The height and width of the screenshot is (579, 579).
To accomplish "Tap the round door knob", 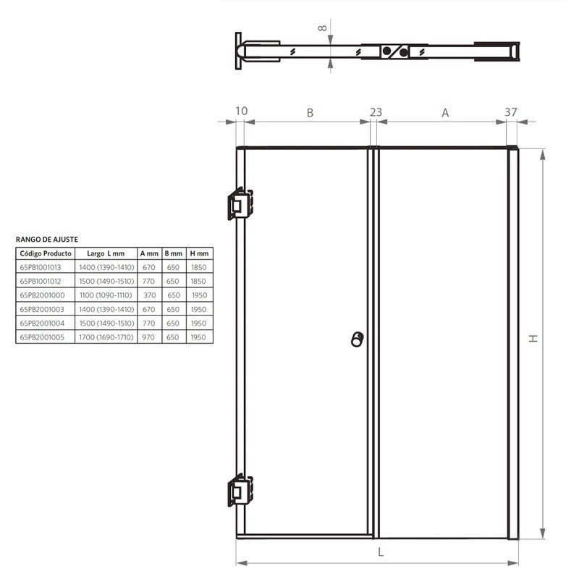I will pyautogui.click(x=357, y=339).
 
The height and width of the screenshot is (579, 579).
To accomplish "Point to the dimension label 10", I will pyautogui.click(x=242, y=111).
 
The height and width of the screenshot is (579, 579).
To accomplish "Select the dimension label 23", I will pyautogui.click(x=376, y=111).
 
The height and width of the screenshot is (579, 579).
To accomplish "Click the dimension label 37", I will pyautogui.click(x=511, y=111).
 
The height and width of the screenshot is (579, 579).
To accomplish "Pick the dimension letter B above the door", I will pyautogui.click(x=310, y=112).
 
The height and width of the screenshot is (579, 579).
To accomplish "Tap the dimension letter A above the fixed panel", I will pyautogui.click(x=445, y=112).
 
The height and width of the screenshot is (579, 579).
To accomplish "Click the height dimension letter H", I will pyautogui.click(x=533, y=339).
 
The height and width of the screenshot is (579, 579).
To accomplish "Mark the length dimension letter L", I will pyautogui.click(x=381, y=551).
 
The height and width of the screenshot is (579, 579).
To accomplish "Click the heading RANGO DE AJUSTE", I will pyautogui.click(x=47, y=239).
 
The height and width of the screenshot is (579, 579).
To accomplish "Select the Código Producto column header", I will pyautogui.click(x=46, y=253).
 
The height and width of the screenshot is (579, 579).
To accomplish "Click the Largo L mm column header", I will pyautogui.click(x=106, y=253).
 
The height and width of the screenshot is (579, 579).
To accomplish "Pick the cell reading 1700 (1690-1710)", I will pyautogui.click(x=106, y=337).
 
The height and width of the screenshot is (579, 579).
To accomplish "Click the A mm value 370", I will pyautogui.click(x=149, y=295).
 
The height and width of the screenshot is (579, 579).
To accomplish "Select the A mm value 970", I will pyautogui.click(x=149, y=337).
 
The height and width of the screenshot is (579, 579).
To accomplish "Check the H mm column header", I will pyautogui.click(x=199, y=253).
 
